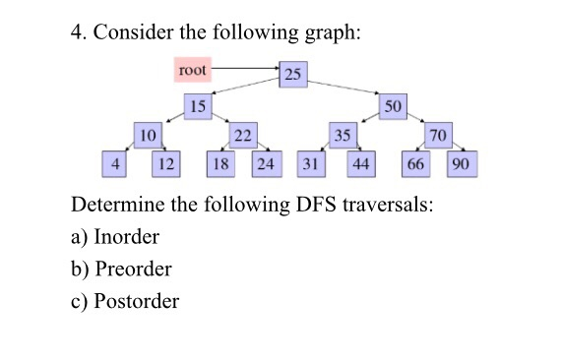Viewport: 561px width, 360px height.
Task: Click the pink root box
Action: click(194, 70)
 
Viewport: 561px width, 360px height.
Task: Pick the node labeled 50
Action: click(395, 105)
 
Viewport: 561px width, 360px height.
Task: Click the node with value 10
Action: click(149, 134)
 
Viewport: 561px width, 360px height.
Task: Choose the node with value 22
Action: click(241, 134)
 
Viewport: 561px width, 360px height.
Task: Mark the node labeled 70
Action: click(438, 135)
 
